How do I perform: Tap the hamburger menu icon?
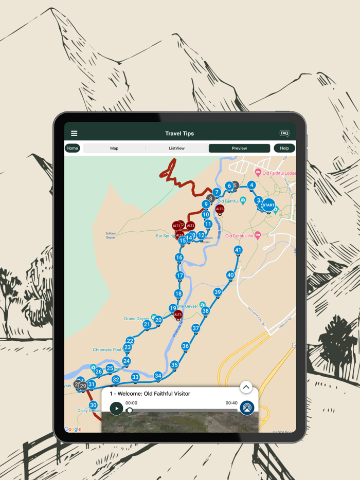[x=74, y=134]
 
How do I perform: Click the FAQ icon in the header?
[x=284, y=134]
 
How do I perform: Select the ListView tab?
[x=176, y=148]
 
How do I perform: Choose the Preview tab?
[x=239, y=148]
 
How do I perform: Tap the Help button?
[x=284, y=148]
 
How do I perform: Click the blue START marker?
[x=268, y=205]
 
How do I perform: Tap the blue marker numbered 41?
[x=238, y=250]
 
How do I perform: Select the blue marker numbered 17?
[x=179, y=275]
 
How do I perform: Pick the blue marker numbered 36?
[x=185, y=346]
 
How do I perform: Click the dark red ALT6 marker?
[x=220, y=209]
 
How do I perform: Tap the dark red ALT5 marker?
[x=178, y=315]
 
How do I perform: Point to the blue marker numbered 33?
[x=135, y=377]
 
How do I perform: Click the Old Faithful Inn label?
[x=240, y=236]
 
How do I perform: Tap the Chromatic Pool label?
[x=107, y=350]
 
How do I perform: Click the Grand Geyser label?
[x=137, y=319]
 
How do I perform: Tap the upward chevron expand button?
[x=246, y=387]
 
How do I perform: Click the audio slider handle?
[x=130, y=410]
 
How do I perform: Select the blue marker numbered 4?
[x=251, y=185]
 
